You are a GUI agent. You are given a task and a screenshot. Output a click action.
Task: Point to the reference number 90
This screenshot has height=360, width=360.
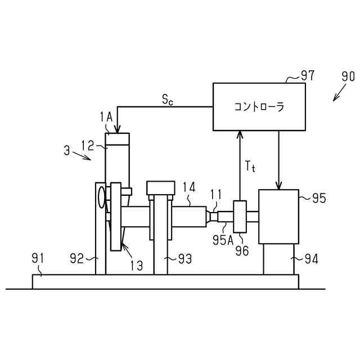[x=348, y=76]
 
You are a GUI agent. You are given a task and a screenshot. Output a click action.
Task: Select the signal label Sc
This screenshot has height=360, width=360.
[x=168, y=100]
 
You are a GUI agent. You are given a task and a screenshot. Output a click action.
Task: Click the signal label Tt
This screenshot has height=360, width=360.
[x=251, y=166]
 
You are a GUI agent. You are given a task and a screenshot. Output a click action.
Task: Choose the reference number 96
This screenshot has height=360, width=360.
[x=242, y=251]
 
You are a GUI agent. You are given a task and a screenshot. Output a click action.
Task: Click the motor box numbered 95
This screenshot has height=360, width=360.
[x=278, y=217]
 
